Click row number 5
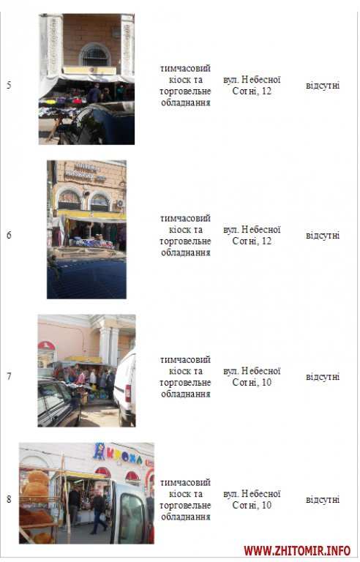click(9, 86)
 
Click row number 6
click(9, 235)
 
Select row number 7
click(9, 376)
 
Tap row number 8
click(9, 499)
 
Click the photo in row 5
click(86, 79)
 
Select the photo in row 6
click(86, 229)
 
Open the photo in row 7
click(87, 370)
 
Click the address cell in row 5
click(252, 86)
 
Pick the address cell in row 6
click(252, 235)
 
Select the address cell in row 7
click(252, 376)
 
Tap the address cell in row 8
click(252, 499)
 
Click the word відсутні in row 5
click(323, 86)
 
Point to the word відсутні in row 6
click(323, 236)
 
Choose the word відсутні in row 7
click(323, 377)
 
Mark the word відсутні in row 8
click(323, 500)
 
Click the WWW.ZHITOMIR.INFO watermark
click(297, 550)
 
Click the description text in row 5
click(185, 86)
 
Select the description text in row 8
click(185, 500)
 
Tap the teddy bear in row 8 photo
click(35, 486)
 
